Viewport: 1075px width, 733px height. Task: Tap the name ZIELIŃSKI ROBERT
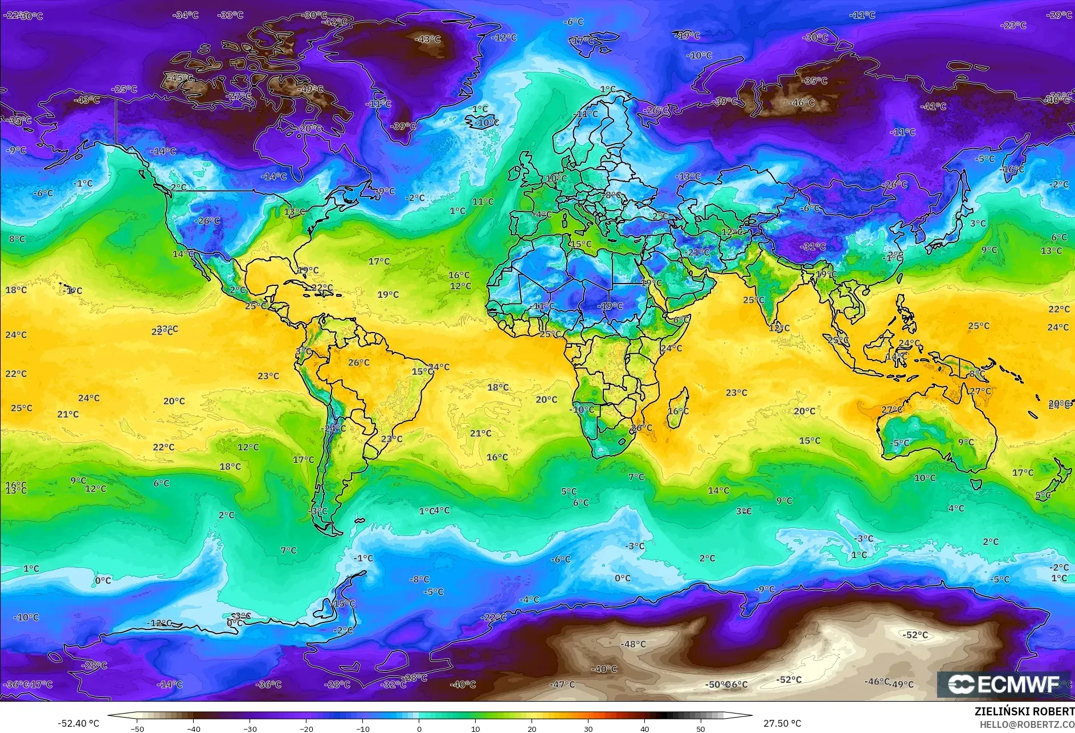pos(1024,711)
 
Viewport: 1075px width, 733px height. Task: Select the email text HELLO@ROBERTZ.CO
pos(1027,724)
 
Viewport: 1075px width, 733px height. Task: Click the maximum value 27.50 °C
pos(782,723)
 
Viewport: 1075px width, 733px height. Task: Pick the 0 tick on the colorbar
pos(419,728)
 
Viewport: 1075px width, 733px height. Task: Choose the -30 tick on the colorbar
pos(250,728)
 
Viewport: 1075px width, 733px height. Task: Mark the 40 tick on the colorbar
pos(644,728)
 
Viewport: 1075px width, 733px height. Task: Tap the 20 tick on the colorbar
pos(532,728)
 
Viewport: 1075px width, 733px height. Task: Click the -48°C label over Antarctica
pos(633,644)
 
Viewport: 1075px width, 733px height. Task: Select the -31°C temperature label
pos(812,247)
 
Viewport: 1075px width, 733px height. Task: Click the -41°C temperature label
pos(933,107)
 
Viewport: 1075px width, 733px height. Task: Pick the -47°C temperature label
pos(562,684)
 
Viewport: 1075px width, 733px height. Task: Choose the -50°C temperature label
pos(717,685)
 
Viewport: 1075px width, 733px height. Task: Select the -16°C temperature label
pos(1013,169)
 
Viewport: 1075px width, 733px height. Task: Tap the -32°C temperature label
pos(393,684)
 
